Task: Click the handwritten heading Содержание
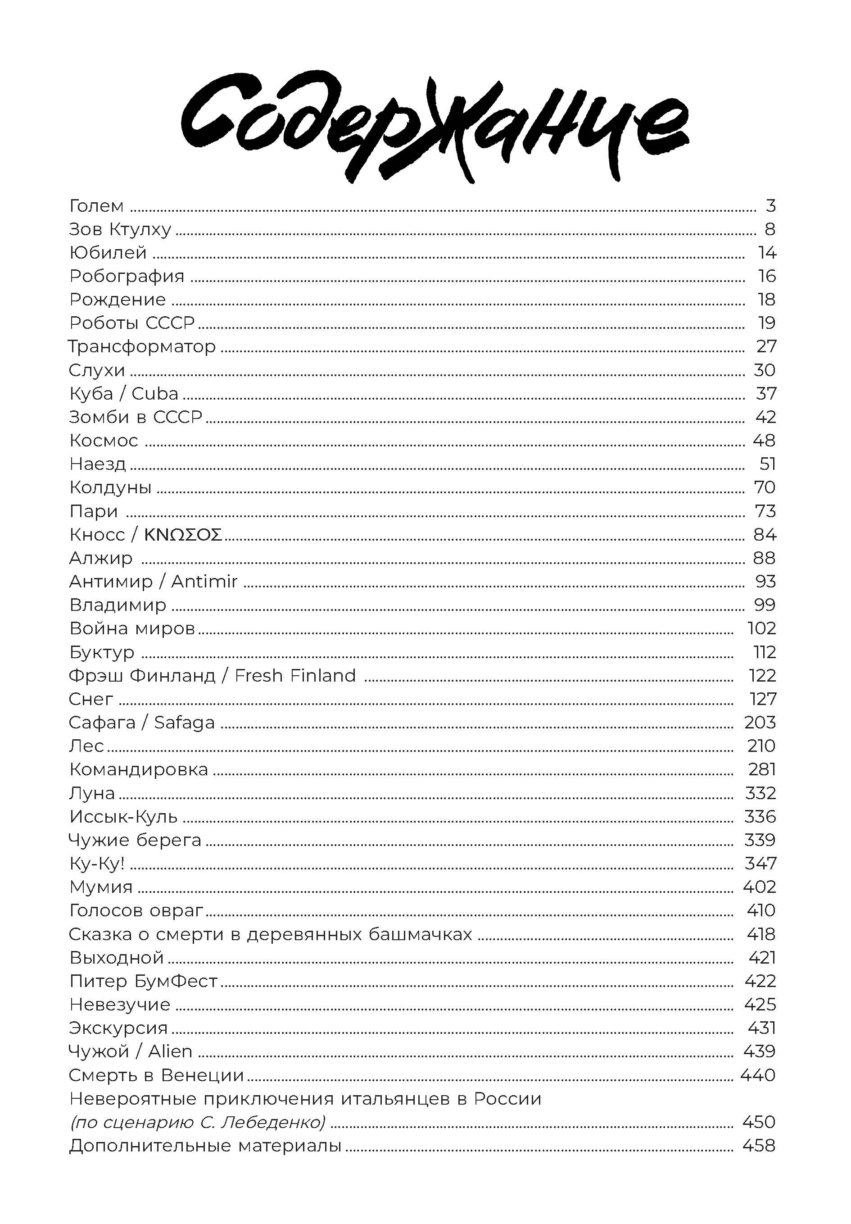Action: click(435, 128)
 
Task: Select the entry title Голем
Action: click(96, 206)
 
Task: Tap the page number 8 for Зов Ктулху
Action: click(770, 229)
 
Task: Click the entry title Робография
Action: click(127, 276)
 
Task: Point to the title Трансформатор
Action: click(142, 346)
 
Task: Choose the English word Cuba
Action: click(154, 393)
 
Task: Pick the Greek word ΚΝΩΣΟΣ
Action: click(183, 535)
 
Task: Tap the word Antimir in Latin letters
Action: click(204, 582)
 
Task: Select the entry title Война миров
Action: click(132, 628)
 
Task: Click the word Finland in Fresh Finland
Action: click(323, 675)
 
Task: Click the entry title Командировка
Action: click(139, 769)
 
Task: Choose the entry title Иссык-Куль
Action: click(123, 816)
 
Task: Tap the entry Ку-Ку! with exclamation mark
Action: click(96, 863)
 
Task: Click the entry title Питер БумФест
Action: click(143, 981)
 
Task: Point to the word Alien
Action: click(170, 1051)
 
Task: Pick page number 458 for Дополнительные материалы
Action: click(759, 1146)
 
